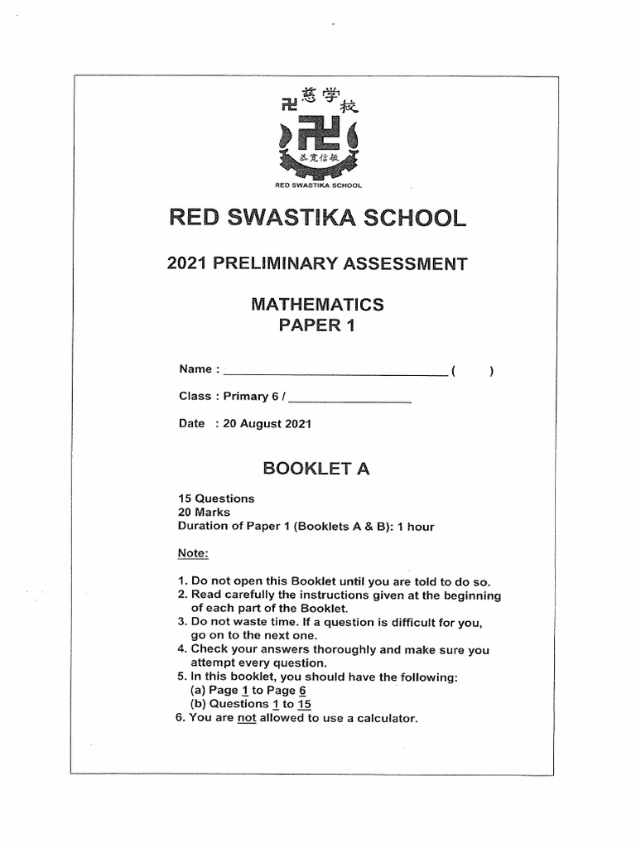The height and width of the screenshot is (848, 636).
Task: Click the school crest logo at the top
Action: (319, 137)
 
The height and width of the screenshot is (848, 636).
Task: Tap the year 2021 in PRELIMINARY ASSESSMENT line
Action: (188, 264)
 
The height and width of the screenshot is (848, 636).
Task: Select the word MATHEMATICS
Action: (317, 305)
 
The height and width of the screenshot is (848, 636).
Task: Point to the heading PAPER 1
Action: (317, 325)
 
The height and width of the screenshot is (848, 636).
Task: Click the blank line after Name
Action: (335, 370)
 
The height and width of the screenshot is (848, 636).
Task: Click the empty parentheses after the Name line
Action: (473, 370)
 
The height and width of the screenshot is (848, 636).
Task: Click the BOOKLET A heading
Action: (316, 469)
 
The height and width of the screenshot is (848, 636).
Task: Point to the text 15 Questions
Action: (217, 499)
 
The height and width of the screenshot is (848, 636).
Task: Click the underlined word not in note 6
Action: (247, 718)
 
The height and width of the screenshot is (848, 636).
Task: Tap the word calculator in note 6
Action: (384, 718)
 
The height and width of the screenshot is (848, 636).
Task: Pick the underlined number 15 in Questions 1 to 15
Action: (304, 704)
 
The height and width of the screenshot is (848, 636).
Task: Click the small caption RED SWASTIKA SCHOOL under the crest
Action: (318, 185)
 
